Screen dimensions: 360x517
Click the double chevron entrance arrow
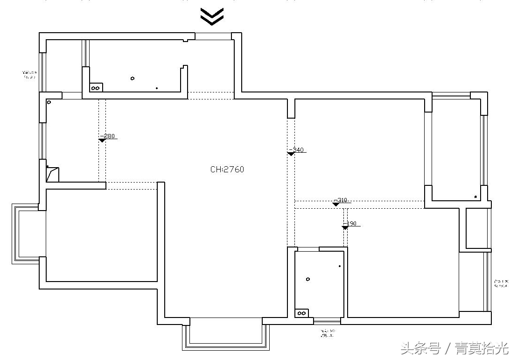[x=212, y=16]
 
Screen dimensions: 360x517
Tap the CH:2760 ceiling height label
[x=227, y=169]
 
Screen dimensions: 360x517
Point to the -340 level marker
[x=296, y=150]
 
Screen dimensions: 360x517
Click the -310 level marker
[x=341, y=200]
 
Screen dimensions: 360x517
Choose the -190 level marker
[x=350, y=224]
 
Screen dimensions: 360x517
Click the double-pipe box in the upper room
[x=96, y=87]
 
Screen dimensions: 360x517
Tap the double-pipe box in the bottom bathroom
[x=301, y=313]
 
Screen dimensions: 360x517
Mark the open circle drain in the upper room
[x=133, y=78]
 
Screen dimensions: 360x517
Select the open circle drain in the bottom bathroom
[x=308, y=279]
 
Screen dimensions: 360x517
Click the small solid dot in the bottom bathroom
[x=340, y=267]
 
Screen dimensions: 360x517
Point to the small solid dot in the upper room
[x=157, y=88]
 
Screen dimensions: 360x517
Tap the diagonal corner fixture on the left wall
[x=52, y=174]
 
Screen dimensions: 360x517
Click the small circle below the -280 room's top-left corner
[x=49, y=102]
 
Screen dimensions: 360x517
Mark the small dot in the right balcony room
[x=475, y=197]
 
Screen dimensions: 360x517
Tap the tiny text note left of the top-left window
[x=29, y=75]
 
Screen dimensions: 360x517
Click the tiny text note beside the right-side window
[x=501, y=283]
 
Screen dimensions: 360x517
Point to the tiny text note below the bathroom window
[x=327, y=333]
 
